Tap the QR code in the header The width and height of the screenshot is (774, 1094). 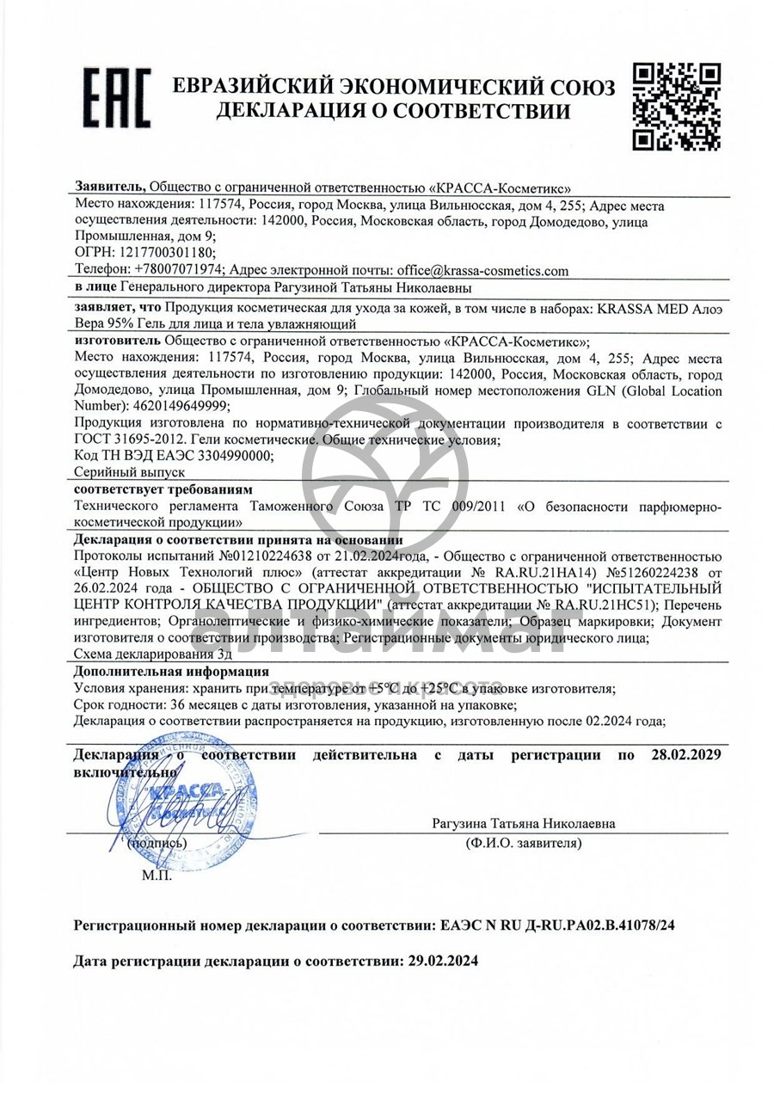coord(677,106)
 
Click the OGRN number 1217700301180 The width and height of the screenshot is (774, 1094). coord(162,253)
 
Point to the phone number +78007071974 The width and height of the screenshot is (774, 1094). coord(178,270)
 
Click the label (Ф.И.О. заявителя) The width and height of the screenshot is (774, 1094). coord(523,843)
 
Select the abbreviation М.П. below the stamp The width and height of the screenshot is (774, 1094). coord(157,876)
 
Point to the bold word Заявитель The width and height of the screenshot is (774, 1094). coord(110,186)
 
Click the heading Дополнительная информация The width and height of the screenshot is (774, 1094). coord(171,672)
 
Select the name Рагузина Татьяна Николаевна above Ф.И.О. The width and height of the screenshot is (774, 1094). coord(523,824)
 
